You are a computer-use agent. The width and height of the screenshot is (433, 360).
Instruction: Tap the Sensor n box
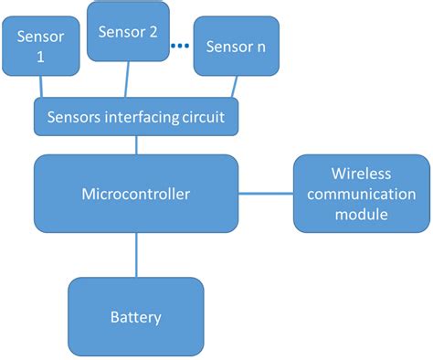[237, 46]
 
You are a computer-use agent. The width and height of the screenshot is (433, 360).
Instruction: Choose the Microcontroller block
[135, 193]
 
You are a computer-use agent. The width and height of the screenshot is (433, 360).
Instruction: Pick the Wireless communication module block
[361, 193]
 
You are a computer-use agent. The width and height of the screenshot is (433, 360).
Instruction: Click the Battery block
[135, 317]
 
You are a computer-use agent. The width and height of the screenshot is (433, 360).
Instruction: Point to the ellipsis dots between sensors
[180, 45]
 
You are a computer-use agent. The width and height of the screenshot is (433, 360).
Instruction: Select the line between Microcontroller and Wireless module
[265, 193]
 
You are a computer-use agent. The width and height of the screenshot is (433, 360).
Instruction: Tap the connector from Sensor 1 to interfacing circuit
[39, 87]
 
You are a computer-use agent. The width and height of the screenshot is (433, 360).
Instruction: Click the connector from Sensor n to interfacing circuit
[236, 87]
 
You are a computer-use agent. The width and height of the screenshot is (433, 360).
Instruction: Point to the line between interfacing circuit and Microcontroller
[137, 143]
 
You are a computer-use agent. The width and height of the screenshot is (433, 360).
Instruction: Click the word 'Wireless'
[361, 173]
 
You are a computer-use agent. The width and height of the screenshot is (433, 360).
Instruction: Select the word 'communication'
[361, 194]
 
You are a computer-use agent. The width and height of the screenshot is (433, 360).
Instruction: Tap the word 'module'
[361, 215]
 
